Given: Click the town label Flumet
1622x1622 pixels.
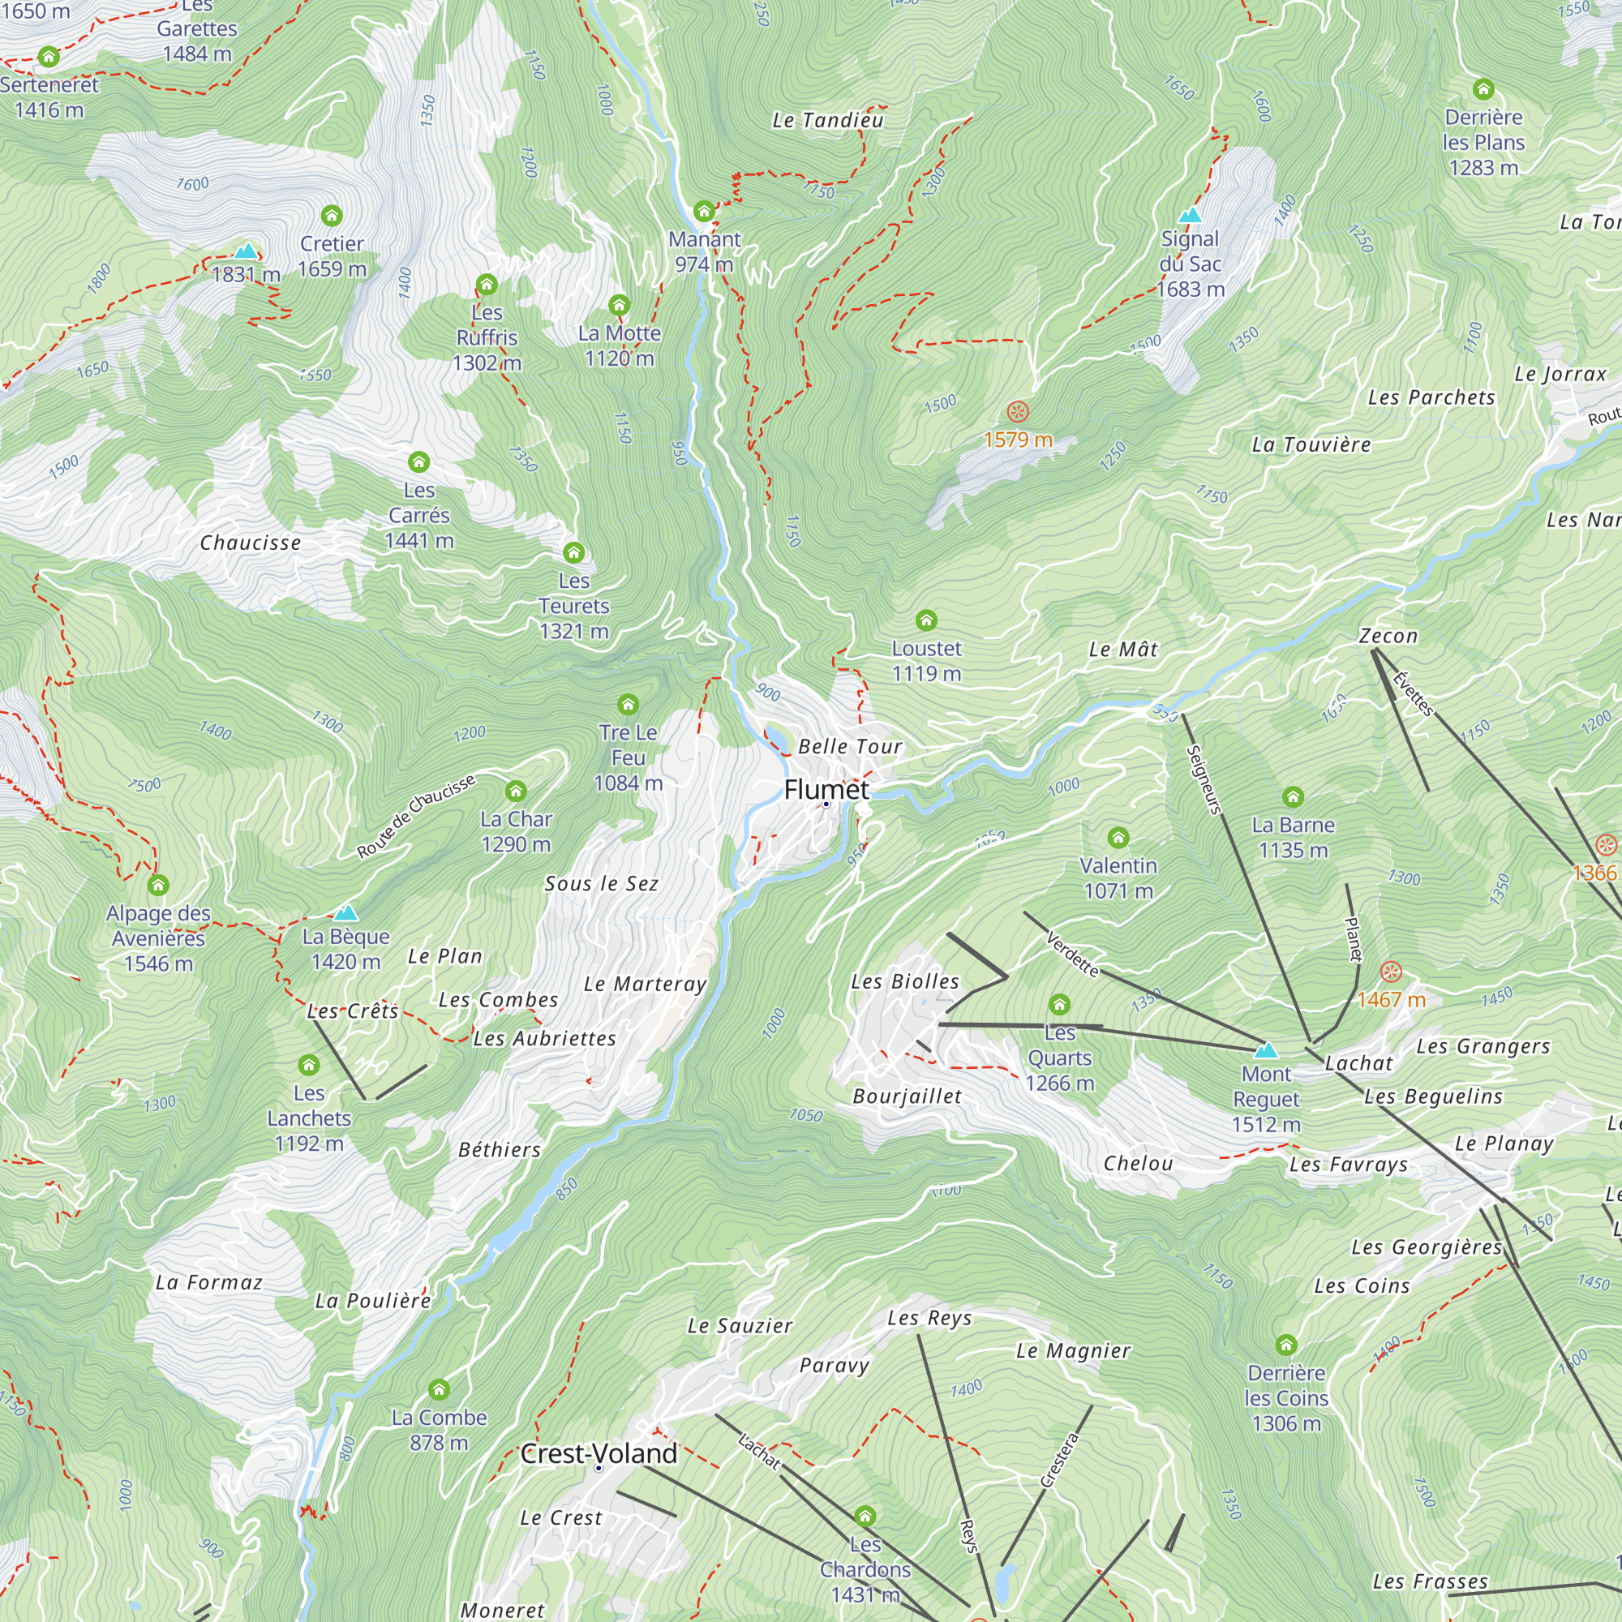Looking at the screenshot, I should (x=826, y=789).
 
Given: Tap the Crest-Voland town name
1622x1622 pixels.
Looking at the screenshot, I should (x=599, y=1454).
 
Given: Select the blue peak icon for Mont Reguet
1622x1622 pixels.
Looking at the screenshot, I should (x=1266, y=1050).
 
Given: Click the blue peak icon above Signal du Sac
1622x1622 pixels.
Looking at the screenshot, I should (x=1190, y=216).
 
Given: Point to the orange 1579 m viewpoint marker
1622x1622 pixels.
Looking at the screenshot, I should (x=1018, y=412).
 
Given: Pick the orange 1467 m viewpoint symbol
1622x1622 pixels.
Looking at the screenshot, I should (x=1391, y=973).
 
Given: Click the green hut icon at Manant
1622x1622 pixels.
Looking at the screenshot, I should (x=703, y=211).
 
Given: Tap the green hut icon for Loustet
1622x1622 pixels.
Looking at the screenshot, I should (x=926, y=620).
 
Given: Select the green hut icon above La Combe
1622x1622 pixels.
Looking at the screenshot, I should (x=438, y=1389).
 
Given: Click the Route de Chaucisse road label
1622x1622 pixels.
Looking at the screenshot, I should (x=415, y=817).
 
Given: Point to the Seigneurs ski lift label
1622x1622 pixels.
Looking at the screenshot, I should (x=1203, y=780).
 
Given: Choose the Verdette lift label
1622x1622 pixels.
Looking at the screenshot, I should (x=1072, y=955).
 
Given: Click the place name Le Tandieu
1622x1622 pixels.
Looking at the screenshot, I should (x=828, y=121).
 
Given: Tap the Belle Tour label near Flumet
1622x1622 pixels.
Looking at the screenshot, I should (x=850, y=746).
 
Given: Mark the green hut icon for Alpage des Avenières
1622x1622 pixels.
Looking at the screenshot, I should (x=158, y=885).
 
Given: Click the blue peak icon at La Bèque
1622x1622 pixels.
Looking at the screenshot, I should (x=346, y=912).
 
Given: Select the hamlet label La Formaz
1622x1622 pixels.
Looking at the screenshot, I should (x=209, y=1283).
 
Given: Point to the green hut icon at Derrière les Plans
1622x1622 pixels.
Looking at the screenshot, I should (x=1483, y=89).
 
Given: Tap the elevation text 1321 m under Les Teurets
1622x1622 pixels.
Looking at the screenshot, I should (x=574, y=631).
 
